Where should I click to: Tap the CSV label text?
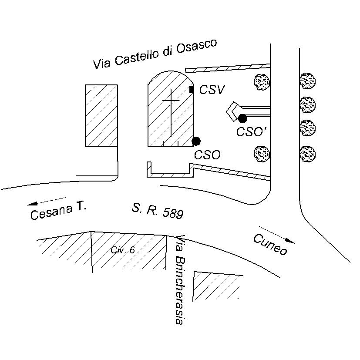pos(212,90)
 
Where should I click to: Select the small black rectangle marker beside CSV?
pos(192,90)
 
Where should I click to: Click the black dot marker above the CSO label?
pos(196,141)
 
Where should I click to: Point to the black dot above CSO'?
pos(242,118)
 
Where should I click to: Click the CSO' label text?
pos(252,132)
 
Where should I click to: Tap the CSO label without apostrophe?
pos(207,155)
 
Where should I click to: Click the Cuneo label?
pos(270,245)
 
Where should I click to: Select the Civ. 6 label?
pos(123,250)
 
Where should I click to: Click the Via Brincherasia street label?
pos(178,280)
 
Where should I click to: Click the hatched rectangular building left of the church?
pos(101,115)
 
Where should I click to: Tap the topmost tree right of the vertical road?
pos(308,81)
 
